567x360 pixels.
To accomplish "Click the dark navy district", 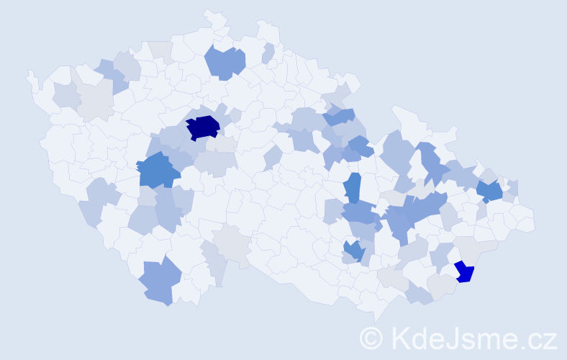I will (203, 127).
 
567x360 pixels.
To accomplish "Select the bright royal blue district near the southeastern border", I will (465, 271).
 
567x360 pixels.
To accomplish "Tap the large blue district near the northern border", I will (225, 62).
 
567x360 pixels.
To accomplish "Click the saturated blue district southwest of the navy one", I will (158, 171).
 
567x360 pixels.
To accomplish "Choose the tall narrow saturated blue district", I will (352, 187).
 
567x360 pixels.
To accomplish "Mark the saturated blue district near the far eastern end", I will (490, 191).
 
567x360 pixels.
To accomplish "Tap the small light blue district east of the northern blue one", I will (268, 53).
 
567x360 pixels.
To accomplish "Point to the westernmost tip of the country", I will (29, 74).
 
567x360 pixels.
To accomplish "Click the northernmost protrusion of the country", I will (209, 12).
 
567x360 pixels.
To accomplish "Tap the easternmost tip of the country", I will (534, 223).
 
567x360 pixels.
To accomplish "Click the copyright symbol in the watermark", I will (371, 338).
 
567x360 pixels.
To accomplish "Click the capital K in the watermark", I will (399, 338).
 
